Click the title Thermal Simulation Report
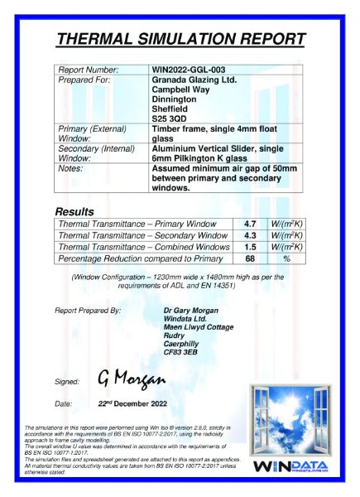pyautogui.click(x=180, y=39)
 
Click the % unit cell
pyautogui.click(x=287, y=259)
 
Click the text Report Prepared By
pyautogui.click(x=88, y=310)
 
